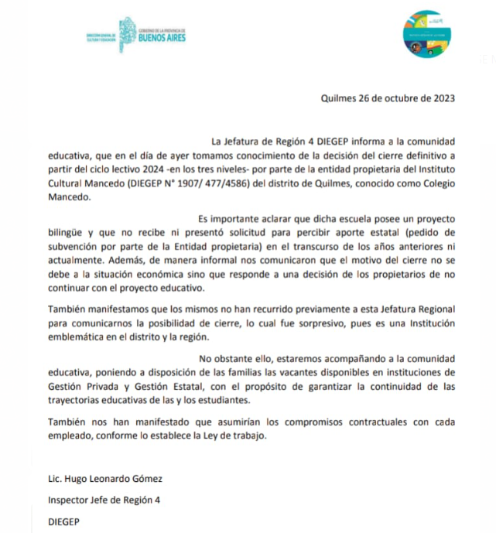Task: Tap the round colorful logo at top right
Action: point(427,33)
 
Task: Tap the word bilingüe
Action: point(63,231)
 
